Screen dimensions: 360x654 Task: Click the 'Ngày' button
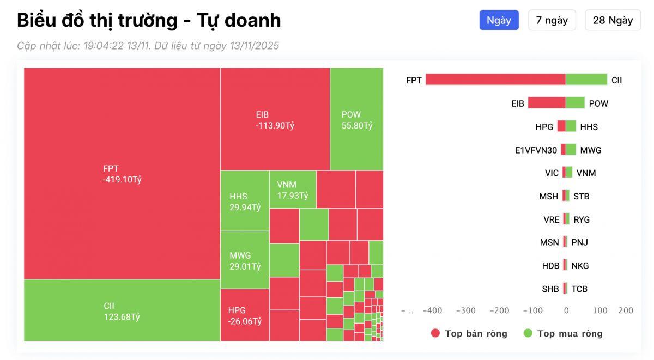coord(499,20)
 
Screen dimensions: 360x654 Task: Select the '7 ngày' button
coord(552,20)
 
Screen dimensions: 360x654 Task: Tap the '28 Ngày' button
coord(613,20)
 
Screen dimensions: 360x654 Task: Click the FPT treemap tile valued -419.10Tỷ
coord(122,174)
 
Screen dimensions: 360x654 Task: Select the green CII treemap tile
coord(122,310)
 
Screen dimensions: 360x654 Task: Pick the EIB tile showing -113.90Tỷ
coord(275,119)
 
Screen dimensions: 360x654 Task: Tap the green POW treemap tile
coord(356,119)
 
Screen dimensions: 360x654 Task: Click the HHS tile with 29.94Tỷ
coord(245,201)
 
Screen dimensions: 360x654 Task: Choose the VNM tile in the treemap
coord(293,190)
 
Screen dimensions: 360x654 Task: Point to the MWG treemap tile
coord(245,260)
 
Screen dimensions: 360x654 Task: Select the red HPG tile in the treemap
coord(245,315)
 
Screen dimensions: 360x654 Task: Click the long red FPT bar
coord(495,80)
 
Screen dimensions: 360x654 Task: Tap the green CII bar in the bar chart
coord(586,80)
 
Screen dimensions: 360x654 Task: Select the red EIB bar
coord(547,103)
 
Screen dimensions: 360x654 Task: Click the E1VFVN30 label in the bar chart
coord(536,150)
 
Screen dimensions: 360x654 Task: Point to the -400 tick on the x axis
coord(432,310)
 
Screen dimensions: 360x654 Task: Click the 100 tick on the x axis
coord(599,310)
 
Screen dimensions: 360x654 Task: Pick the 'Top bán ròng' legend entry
coord(469,333)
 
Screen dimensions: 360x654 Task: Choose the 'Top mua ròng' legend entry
coord(563,333)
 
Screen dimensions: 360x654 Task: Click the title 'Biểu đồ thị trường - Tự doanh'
coord(149,20)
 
